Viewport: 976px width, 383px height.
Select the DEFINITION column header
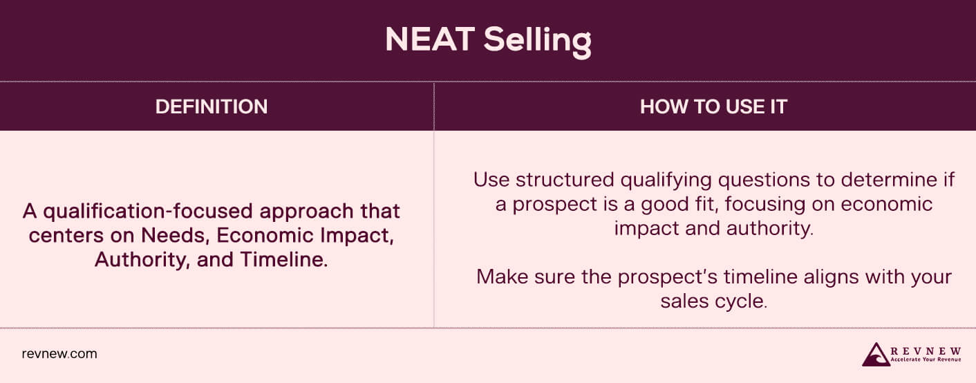[x=212, y=106]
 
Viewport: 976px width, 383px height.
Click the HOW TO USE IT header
[x=713, y=106]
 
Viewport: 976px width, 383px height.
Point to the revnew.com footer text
[x=59, y=354]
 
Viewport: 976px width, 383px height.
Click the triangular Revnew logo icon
[x=876, y=353]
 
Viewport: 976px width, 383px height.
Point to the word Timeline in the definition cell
[x=285, y=260]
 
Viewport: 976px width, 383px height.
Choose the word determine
[x=888, y=180]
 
